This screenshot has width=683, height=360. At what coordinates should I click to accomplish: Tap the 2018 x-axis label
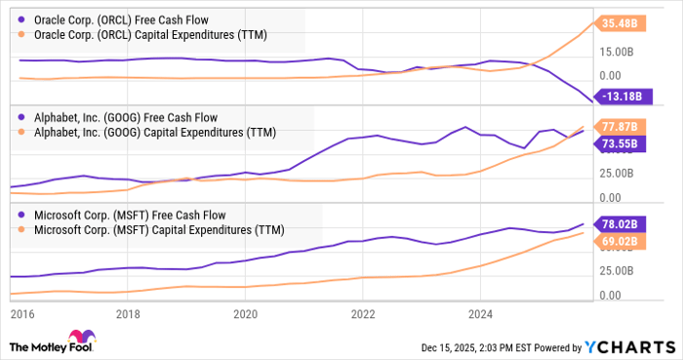click(x=128, y=314)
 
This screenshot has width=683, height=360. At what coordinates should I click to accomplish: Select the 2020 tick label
click(x=245, y=314)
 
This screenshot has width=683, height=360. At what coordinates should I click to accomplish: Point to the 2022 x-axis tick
click(x=363, y=314)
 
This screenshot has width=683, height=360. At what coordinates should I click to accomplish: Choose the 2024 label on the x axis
click(x=480, y=314)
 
